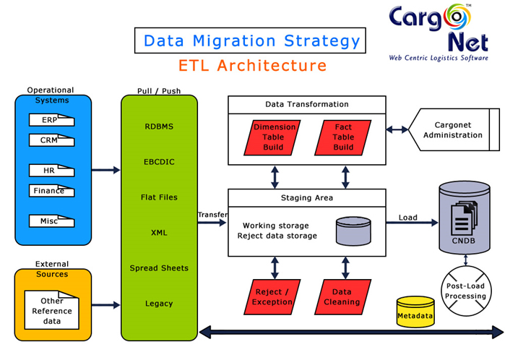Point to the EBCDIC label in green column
(159, 162)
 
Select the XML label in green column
(159, 233)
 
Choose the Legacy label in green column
(159, 304)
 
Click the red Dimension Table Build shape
(274, 137)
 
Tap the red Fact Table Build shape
(343, 137)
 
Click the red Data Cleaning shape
(342, 296)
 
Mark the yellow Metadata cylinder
(415, 312)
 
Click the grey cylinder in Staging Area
(353, 231)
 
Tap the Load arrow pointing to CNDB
(412, 218)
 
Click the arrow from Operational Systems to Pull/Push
(105, 171)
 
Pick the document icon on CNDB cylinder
(463, 215)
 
